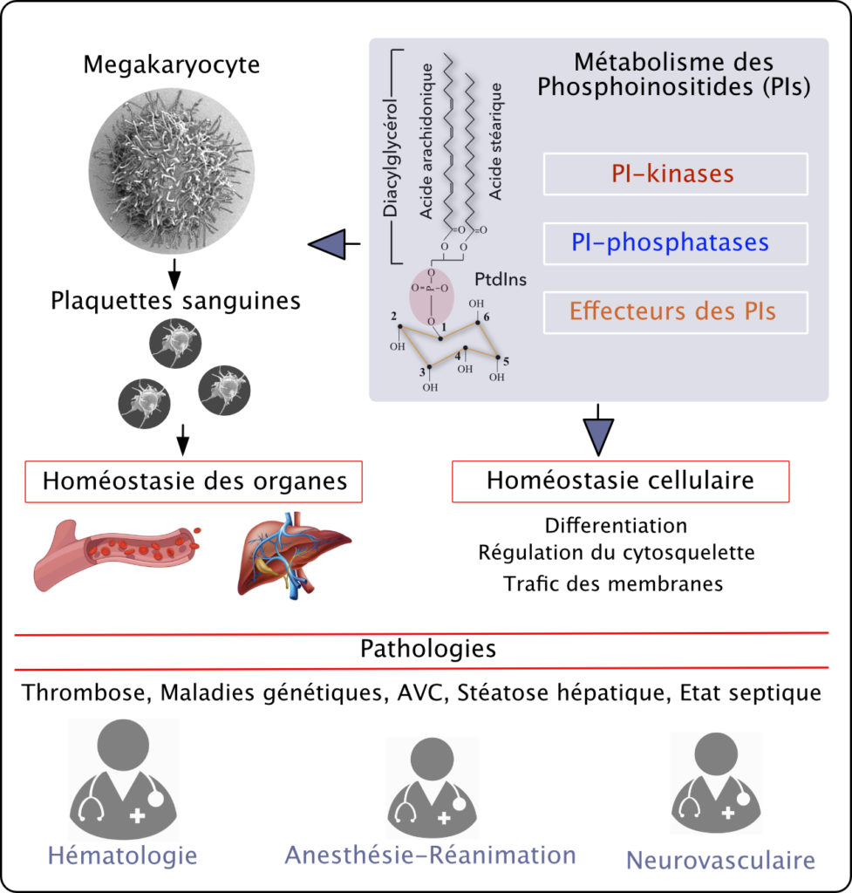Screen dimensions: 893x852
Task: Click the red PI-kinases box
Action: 675,174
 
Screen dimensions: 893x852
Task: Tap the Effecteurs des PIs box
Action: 675,312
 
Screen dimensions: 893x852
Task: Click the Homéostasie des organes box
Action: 195,481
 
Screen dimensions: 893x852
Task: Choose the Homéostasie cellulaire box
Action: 620,481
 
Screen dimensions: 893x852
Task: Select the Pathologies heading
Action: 427,650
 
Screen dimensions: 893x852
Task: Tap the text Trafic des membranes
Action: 613,583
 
